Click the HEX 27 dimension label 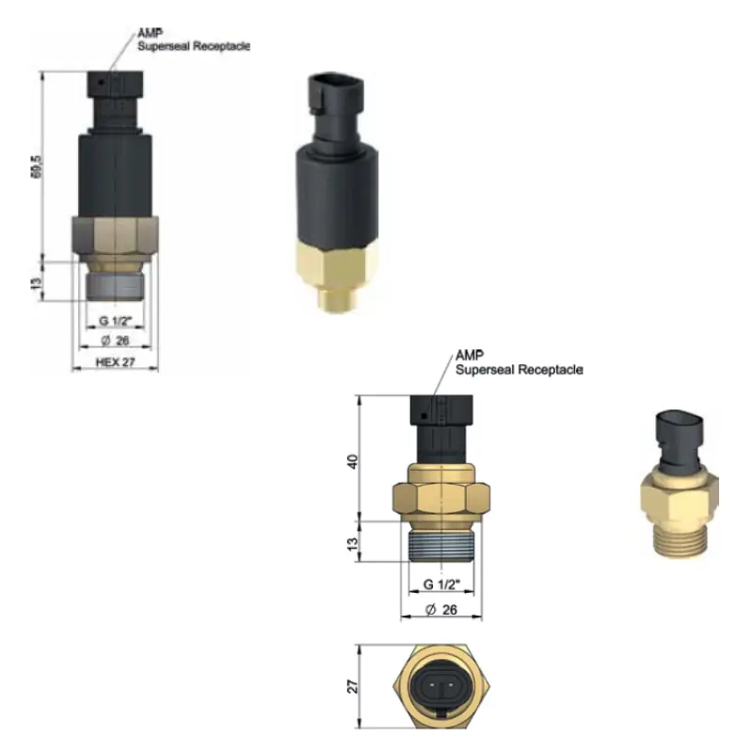(115, 362)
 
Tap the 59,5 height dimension (37, 167)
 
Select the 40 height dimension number (352, 461)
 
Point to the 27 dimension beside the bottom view (352, 686)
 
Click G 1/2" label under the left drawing (115, 320)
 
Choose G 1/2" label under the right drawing (441, 584)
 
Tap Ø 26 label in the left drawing (115, 341)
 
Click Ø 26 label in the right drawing (441, 609)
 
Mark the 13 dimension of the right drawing (352, 544)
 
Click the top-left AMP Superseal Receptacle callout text (194, 40)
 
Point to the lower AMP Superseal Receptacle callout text (520, 362)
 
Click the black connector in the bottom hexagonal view (441, 686)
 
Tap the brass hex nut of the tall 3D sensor (336, 265)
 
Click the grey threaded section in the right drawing (441, 546)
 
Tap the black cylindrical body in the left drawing (115, 175)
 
